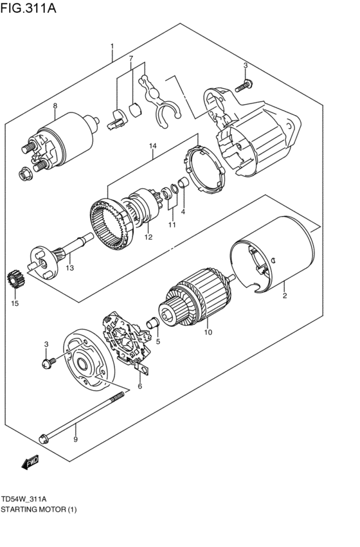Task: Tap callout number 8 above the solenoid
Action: click(55, 106)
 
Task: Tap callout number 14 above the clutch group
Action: click(152, 147)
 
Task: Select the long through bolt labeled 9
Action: click(80, 417)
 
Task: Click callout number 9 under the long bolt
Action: click(75, 440)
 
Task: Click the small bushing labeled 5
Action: click(153, 322)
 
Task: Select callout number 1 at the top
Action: click(112, 46)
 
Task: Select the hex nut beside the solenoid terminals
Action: click(24, 172)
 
